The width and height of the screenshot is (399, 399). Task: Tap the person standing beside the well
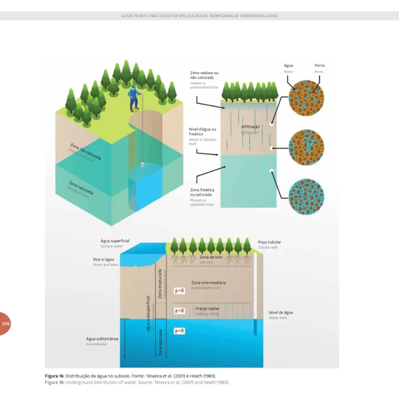(x=133, y=98)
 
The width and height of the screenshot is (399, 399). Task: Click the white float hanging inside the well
(x=143, y=165)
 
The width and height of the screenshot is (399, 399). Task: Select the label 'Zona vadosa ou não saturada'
(x=204, y=75)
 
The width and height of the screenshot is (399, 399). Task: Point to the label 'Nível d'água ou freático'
(x=202, y=131)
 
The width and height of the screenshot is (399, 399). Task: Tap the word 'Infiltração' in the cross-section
(x=250, y=127)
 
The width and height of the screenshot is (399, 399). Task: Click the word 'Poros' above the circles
(x=320, y=65)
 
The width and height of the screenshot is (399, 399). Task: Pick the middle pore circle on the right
(x=306, y=147)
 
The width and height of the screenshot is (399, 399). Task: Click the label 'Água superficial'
(x=115, y=241)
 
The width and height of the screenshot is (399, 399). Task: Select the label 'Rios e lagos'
(x=104, y=259)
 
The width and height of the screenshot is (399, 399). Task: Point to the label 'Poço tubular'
(x=269, y=242)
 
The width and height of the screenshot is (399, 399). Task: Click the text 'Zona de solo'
(x=211, y=257)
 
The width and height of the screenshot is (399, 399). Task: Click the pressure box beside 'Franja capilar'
(x=180, y=311)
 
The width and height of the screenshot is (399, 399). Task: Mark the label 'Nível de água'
(x=281, y=313)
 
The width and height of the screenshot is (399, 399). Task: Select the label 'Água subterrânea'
(x=100, y=338)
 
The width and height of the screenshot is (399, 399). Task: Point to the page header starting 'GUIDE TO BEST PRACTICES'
(x=199, y=16)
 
